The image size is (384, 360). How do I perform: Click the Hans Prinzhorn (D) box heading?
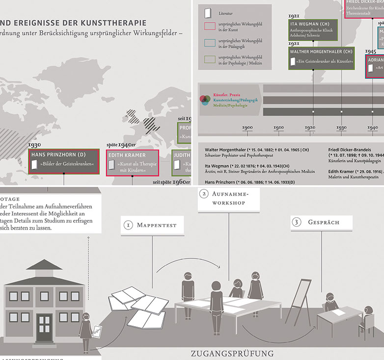click(58, 154)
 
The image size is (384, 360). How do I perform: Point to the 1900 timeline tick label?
click(247, 128)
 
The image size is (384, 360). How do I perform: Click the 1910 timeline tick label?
click(278, 128)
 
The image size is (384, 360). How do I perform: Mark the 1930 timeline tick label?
click(341, 128)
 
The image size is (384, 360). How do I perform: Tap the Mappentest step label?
click(153, 225)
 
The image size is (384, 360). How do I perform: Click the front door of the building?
click(44, 328)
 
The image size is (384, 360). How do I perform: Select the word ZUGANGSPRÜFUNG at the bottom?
click(232, 353)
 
